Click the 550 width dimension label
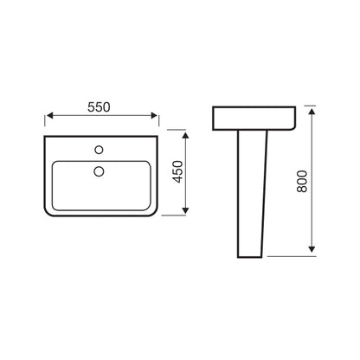click(99, 107)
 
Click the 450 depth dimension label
click(177, 171)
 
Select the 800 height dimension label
click(302, 182)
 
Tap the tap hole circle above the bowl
click(99, 150)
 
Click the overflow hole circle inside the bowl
click(99, 171)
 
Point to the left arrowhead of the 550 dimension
click(50, 116)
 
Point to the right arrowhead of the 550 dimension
click(154, 116)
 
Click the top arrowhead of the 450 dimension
click(185, 136)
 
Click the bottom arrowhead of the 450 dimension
click(185, 210)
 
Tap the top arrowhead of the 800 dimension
click(312, 111)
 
